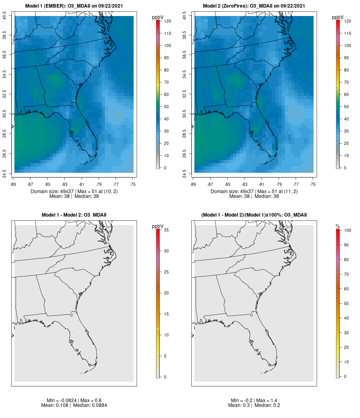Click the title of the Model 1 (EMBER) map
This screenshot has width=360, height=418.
tap(74, 6)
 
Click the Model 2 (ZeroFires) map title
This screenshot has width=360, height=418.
tap(254, 6)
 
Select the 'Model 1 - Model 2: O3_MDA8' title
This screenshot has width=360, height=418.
tap(74, 215)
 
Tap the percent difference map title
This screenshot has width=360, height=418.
tap(254, 215)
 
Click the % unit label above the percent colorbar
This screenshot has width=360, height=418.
tap(338, 226)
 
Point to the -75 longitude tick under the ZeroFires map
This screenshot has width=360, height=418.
tap(313, 184)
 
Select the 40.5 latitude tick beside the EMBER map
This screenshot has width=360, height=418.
tap(4, 16)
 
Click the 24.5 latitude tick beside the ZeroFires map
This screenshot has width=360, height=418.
tap(184, 172)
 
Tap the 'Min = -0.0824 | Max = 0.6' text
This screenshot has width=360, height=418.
tap(74, 400)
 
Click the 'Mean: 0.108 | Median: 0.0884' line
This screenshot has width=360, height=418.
tap(74, 405)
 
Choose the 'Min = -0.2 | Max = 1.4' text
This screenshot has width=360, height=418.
tap(254, 400)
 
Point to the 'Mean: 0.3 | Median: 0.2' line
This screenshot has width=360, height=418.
tap(254, 405)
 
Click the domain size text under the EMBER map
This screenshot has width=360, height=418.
tap(74, 192)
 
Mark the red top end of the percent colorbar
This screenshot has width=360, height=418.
tap(338, 231)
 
